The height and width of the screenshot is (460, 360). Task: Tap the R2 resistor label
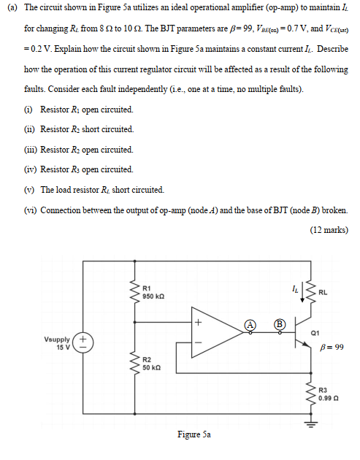147,360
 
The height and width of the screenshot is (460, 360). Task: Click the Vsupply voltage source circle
83,342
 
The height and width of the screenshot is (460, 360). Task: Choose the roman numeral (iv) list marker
31,169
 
